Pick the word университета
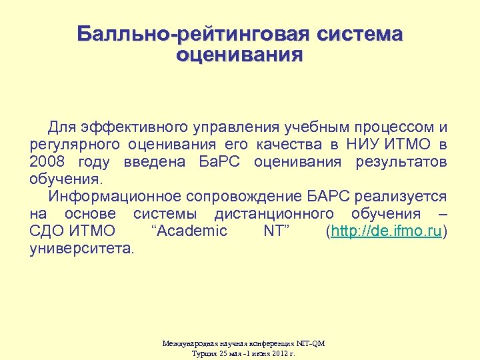coord(81,249)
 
